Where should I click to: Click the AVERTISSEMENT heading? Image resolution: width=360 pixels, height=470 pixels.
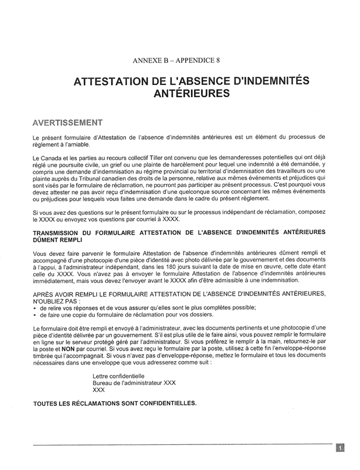click(68, 123)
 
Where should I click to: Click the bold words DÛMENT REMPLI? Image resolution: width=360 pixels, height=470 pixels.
click(58, 240)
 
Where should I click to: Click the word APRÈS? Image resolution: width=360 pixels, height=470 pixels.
click(44, 294)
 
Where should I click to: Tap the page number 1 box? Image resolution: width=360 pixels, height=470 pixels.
click(340, 447)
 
